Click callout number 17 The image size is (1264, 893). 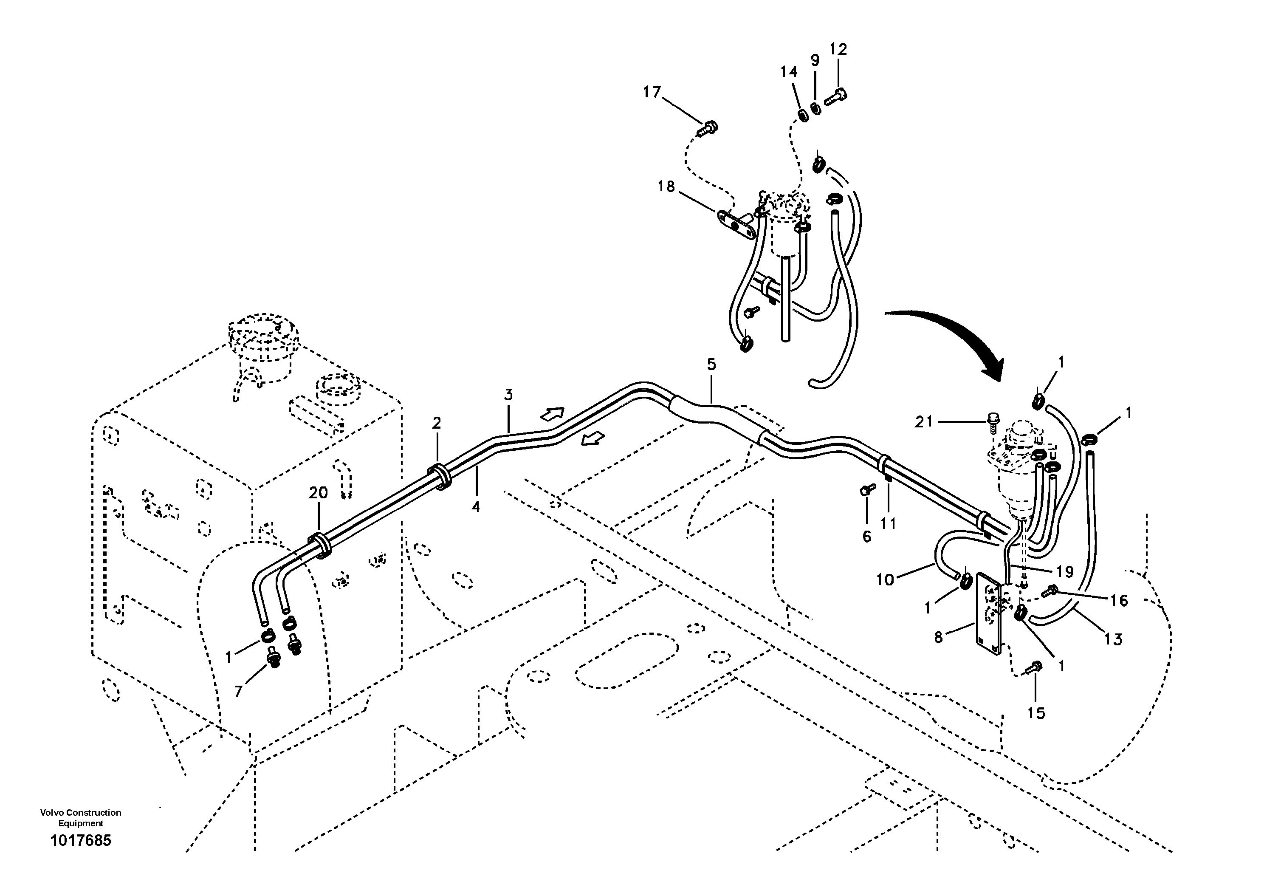click(x=652, y=93)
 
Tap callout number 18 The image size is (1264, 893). click(x=666, y=187)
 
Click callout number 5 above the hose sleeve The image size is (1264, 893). click(x=711, y=365)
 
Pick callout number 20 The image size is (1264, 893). click(x=318, y=493)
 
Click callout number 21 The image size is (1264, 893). click(x=924, y=422)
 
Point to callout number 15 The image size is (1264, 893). click(x=1035, y=713)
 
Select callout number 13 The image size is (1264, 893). click(x=1113, y=639)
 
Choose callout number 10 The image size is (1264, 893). click(x=885, y=580)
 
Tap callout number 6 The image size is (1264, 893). click(x=866, y=536)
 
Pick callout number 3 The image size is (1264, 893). click(x=508, y=395)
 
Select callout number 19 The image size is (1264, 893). click(x=1065, y=572)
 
